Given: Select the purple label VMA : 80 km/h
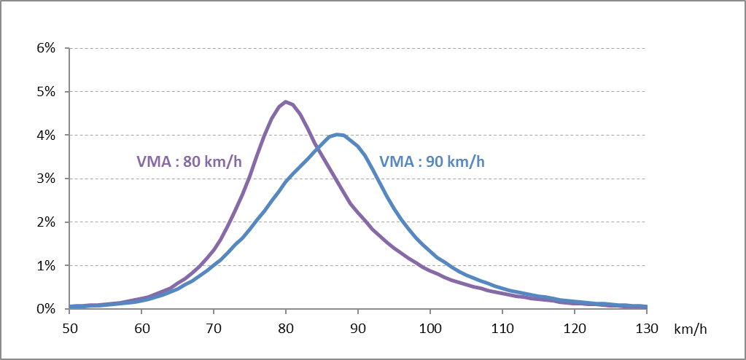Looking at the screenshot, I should tap(189, 162).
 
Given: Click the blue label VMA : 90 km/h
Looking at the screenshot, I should tap(432, 162).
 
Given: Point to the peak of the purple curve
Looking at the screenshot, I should tap(285, 101).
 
